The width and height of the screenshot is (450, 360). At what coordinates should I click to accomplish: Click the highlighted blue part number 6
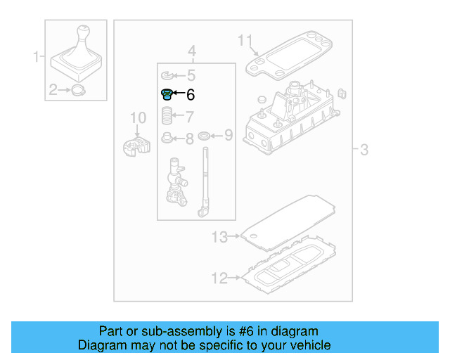[x=167, y=94]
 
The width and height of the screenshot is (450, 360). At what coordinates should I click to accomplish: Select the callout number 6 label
[x=191, y=95]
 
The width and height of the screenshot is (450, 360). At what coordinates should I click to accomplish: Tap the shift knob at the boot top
[x=84, y=32]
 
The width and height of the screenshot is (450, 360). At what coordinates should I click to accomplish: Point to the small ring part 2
[x=77, y=89]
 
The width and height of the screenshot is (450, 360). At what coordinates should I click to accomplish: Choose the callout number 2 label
[x=53, y=89]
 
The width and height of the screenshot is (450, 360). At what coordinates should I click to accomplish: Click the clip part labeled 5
[x=166, y=75]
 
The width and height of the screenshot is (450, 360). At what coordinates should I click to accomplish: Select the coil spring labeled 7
[x=167, y=115]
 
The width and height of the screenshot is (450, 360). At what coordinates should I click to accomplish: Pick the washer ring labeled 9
[x=203, y=135]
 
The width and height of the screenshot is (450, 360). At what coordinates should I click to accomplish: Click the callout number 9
[x=228, y=135]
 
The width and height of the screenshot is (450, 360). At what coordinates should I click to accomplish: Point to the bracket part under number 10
[x=136, y=146]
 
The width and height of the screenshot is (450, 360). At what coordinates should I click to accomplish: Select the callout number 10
[x=138, y=117]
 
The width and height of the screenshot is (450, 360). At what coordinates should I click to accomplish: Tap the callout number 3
[x=364, y=149]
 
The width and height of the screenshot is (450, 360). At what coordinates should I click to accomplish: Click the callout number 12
[x=219, y=279]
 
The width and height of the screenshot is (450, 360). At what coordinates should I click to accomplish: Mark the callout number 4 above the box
[x=191, y=51]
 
